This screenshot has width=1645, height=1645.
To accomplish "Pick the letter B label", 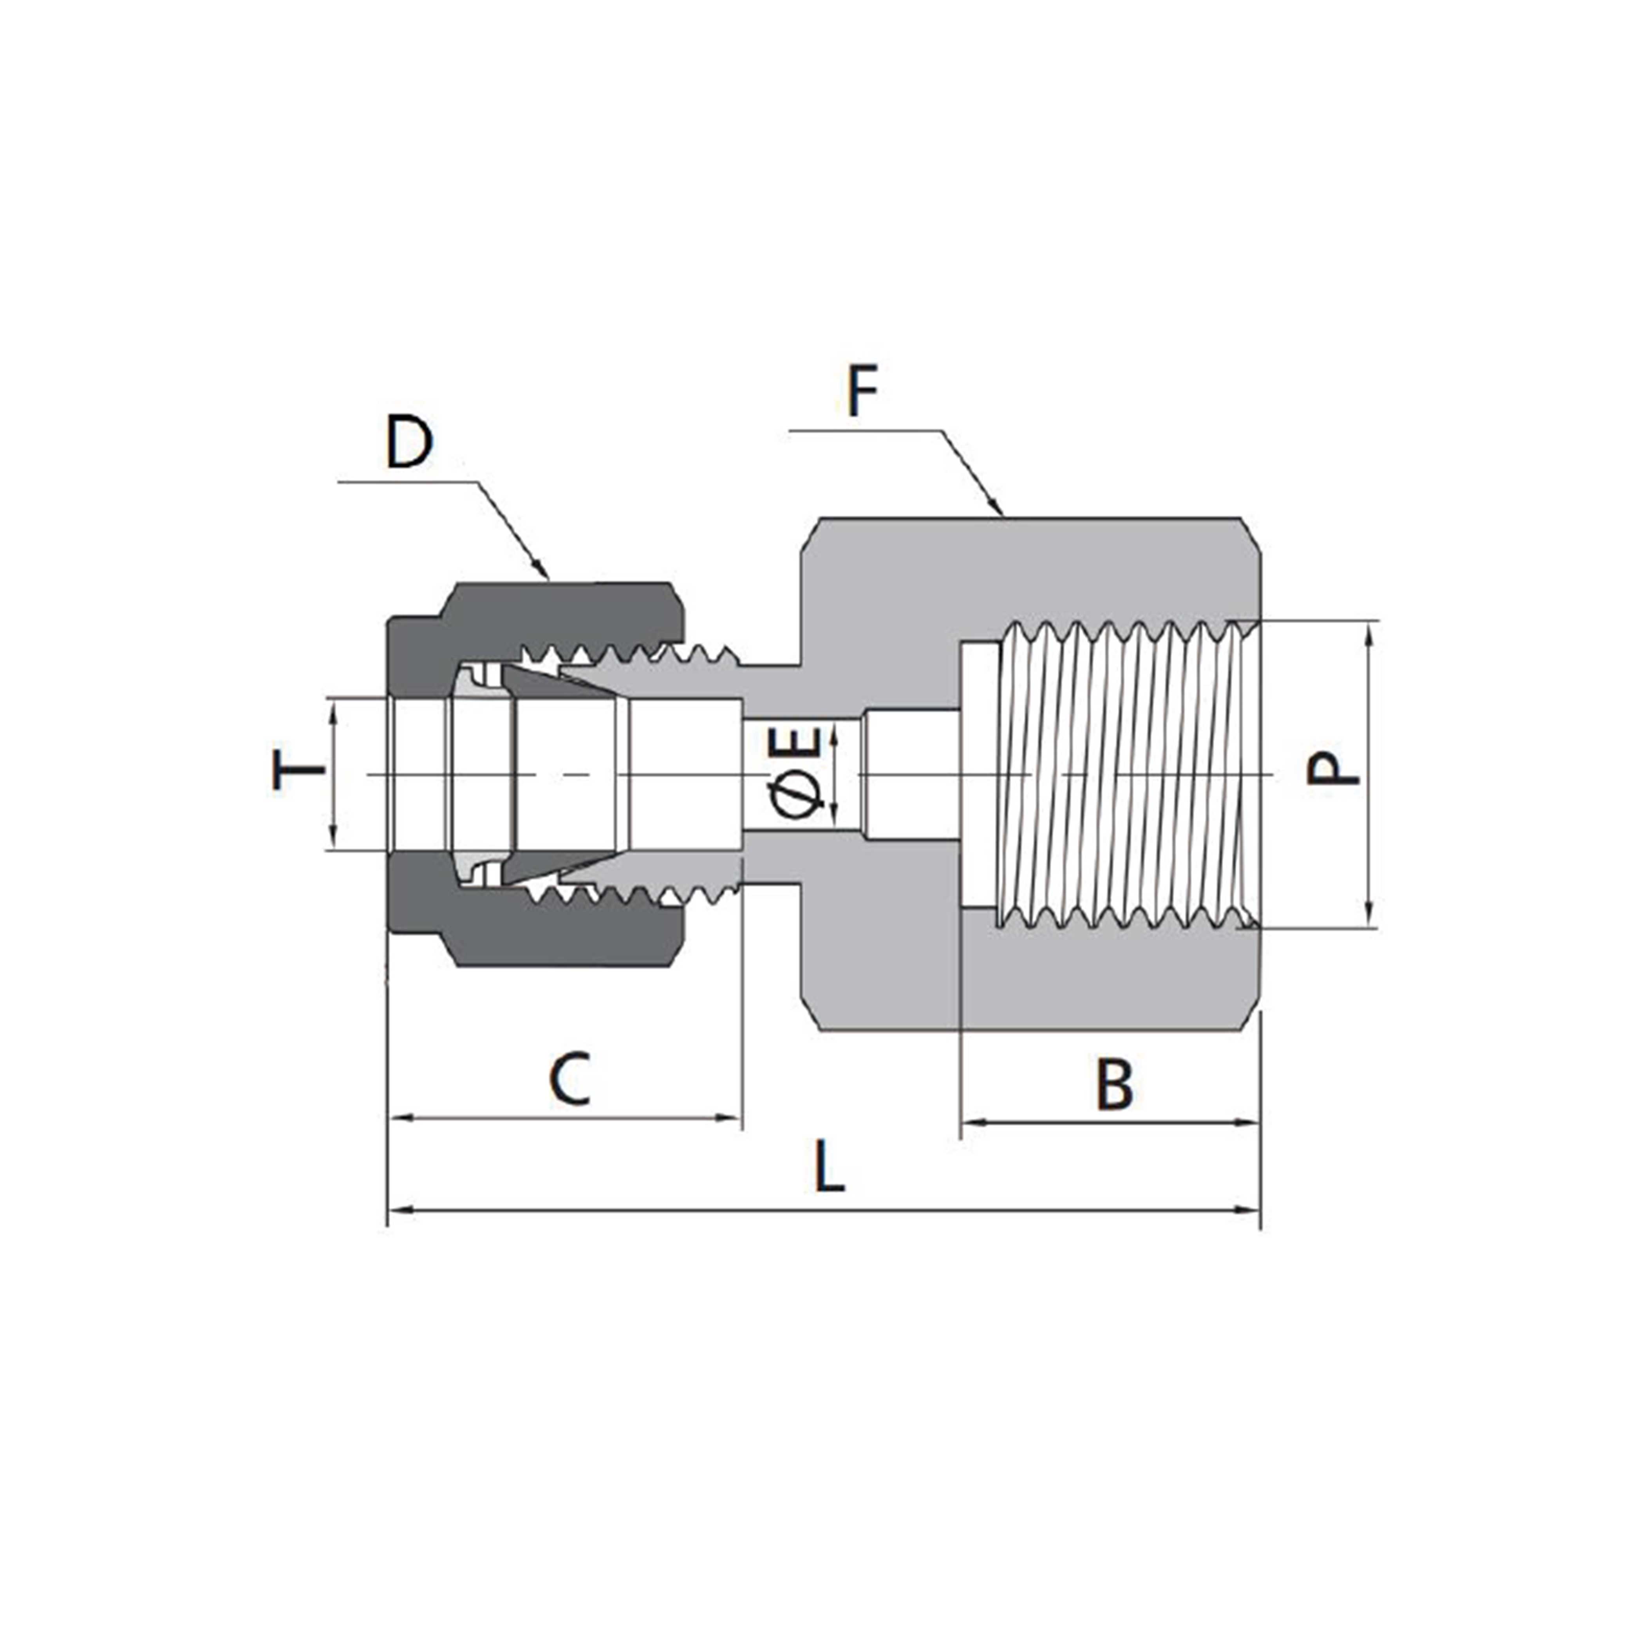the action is (x=1115, y=1084).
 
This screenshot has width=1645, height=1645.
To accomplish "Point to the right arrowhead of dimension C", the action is (x=730, y=1117).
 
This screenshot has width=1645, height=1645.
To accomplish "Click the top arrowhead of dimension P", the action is (x=1369, y=634).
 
